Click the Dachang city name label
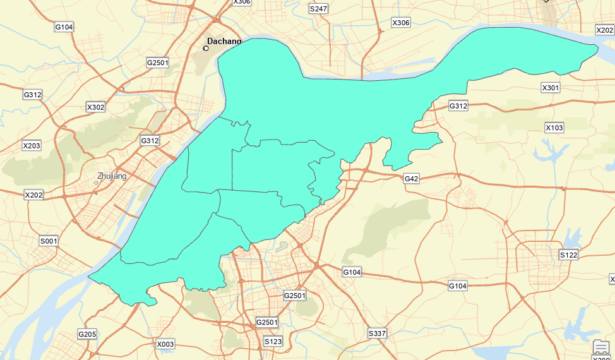coord(225,41)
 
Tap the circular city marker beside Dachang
coord(206,48)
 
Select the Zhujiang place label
coord(112,176)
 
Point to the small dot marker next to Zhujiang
coord(96,183)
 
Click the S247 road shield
coord(318,9)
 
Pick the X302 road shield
coord(95,107)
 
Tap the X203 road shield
coord(32,146)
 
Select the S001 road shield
coord(49,241)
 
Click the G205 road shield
coord(87,333)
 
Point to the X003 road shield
coord(165,344)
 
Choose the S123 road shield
coord(273,341)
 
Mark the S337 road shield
coord(377,333)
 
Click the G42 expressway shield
coord(411,179)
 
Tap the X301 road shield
coord(551,87)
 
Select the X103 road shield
coord(554,128)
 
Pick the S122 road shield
coord(568,255)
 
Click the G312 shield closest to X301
coord(458,106)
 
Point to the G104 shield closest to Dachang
coord(64,27)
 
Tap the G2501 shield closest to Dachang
coord(157,63)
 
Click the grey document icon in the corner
coord(602,348)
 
